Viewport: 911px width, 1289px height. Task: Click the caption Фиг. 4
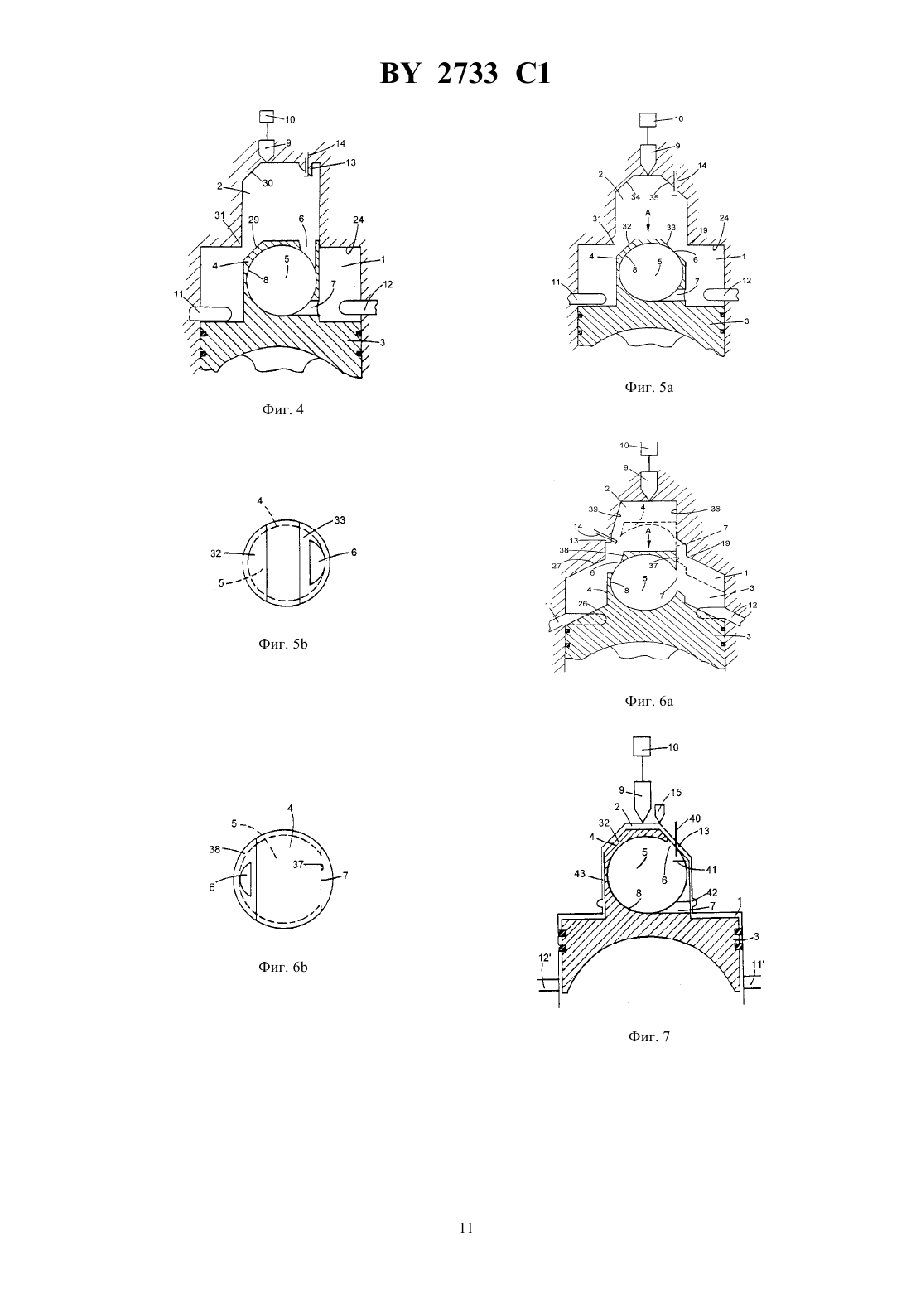tap(282, 410)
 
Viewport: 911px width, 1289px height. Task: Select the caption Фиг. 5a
tap(648, 387)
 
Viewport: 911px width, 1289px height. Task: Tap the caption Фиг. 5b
tap(282, 644)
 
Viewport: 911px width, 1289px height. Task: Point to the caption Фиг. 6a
tap(648, 701)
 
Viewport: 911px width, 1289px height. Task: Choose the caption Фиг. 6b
tap(282, 967)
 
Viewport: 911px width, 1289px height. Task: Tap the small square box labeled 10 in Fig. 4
tap(267, 117)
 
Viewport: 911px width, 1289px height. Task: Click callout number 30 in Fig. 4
tap(268, 184)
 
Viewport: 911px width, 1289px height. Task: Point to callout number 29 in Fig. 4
tap(253, 220)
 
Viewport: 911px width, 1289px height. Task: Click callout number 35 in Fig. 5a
tap(654, 197)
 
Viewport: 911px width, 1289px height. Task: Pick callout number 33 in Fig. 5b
tap(340, 520)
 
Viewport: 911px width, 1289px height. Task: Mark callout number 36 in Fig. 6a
tap(715, 509)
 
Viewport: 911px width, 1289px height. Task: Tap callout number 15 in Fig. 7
tap(676, 793)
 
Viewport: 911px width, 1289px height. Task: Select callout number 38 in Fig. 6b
tap(215, 849)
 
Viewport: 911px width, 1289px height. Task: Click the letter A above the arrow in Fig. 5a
tap(648, 213)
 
